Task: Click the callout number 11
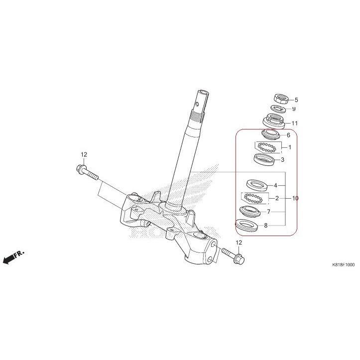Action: click(295, 123)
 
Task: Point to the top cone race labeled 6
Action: click(271, 134)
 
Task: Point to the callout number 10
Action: click(295, 198)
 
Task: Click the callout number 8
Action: click(266, 225)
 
